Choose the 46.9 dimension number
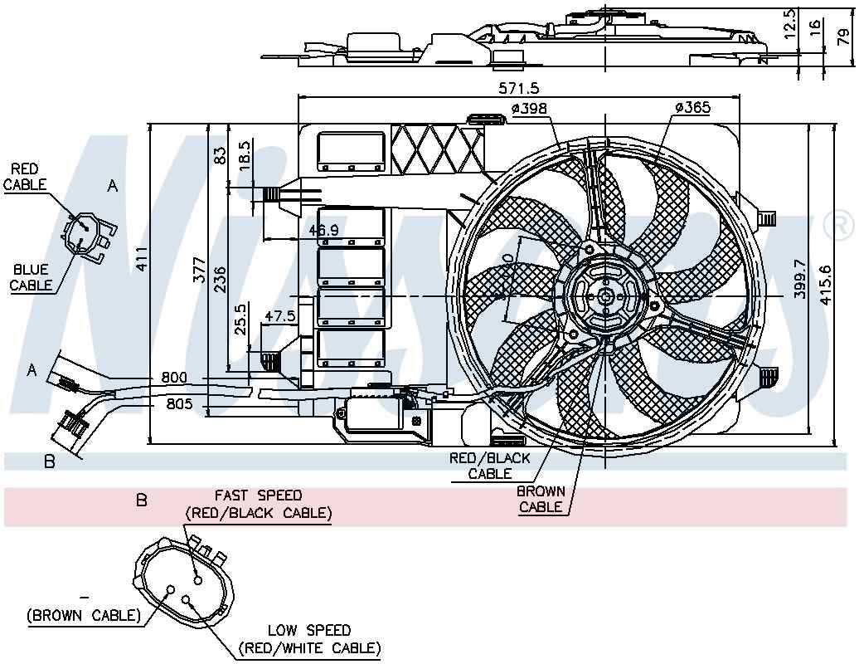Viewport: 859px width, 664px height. pos(323,230)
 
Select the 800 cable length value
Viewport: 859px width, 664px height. pos(174,378)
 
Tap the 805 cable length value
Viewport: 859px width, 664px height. pos(178,404)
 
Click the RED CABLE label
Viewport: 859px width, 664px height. pos(26,177)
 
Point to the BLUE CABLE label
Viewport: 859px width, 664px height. pos(32,277)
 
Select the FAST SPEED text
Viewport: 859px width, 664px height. pos(258,496)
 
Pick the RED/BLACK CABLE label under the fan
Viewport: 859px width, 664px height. pos(490,466)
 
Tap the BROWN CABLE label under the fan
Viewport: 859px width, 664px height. pos(541,499)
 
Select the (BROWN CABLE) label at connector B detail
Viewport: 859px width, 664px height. pos(83,615)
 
